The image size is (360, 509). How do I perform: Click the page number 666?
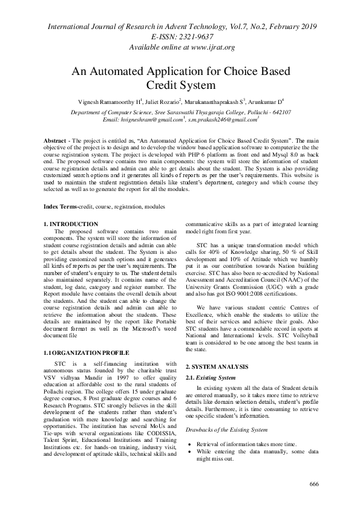coord(313,485)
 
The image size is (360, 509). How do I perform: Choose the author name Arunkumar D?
coord(266,101)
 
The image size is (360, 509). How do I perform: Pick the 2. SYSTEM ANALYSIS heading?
coord(217,367)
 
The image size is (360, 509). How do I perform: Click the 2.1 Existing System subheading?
coord(210,378)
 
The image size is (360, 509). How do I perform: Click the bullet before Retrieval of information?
coord(189,444)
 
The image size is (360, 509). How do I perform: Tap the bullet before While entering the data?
coord(189,451)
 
